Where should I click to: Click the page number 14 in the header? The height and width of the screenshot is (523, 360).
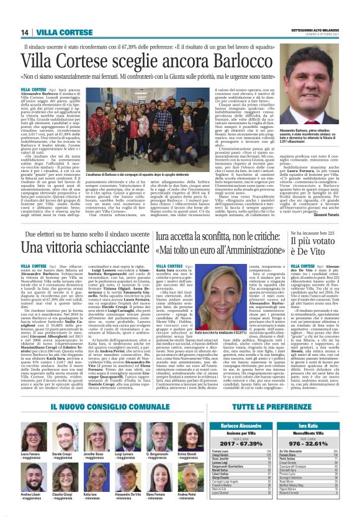(25, 32)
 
